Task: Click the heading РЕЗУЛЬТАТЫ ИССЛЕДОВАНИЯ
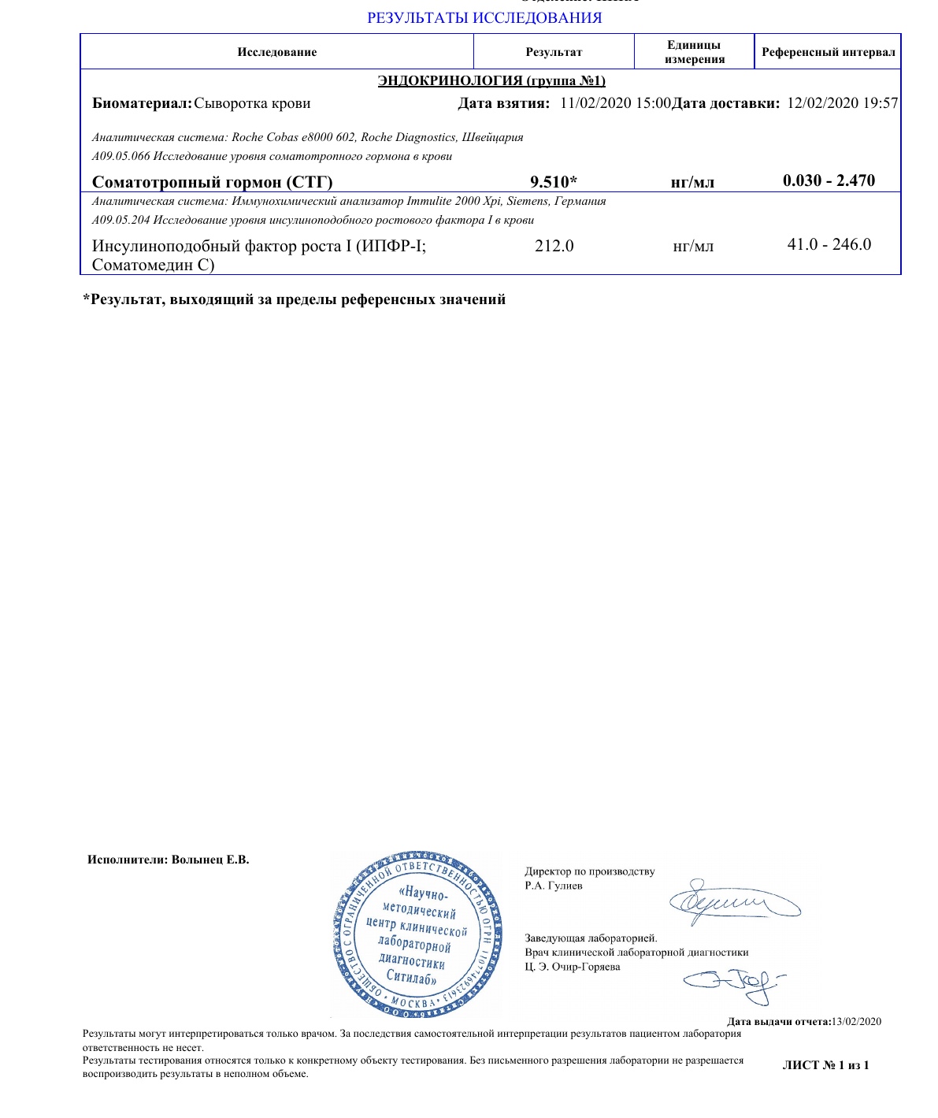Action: coord(484,18)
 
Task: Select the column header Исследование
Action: coord(276,52)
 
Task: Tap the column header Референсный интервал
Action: coord(828,52)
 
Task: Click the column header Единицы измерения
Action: coord(694,52)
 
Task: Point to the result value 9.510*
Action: coord(554,182)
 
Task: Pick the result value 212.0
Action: coord(554,246)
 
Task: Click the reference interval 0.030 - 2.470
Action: coord(829,180)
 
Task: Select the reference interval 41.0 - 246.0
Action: coord(829,244)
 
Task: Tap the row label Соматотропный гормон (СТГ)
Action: coord(212,182)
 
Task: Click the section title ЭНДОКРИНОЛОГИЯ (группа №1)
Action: coord(491,80)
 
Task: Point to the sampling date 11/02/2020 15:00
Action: coord(615,103)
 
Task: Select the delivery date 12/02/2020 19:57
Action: coord(842,103)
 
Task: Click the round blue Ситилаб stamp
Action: coord(417,932)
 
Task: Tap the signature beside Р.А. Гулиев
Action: coord(732,900)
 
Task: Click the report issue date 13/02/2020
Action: coord(856,1022)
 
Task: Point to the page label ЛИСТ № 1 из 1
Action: coord(825,1065)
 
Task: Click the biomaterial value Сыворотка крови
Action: coord(252,103)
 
